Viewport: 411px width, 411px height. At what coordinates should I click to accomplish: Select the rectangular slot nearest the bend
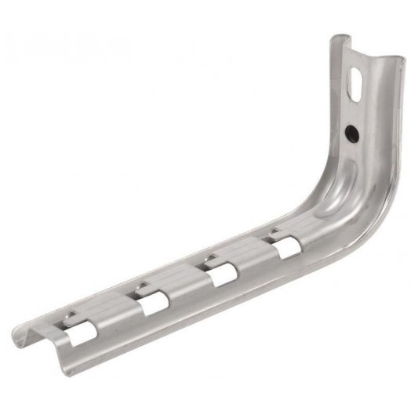click(x=286, y=247)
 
